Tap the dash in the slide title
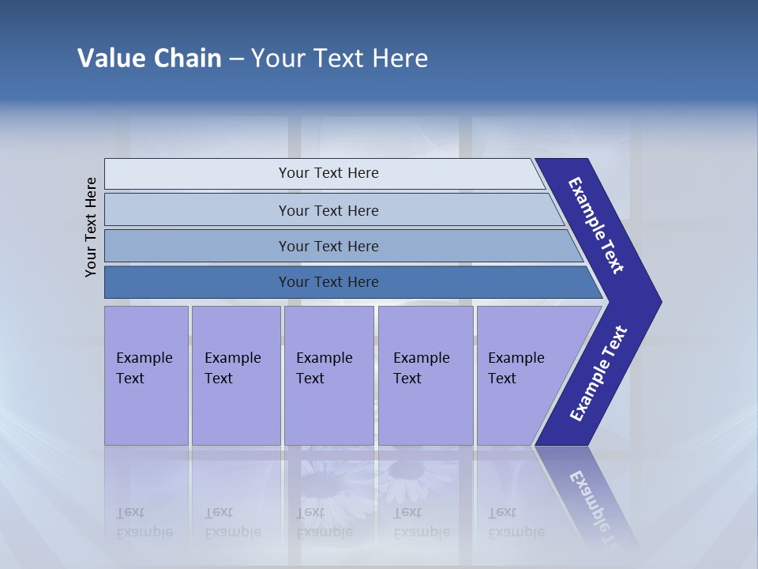(236, 59)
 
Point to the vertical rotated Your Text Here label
(91, 227)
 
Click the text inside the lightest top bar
(328, 173)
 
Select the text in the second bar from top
(328, 211)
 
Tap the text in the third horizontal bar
(328, 247)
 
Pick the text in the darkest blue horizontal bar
(328, 282)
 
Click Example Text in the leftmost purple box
(144, 368)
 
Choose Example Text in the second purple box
(232, 368)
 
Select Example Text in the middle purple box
(324, 368)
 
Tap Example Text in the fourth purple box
(421, 368)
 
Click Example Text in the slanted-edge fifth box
(516, 368)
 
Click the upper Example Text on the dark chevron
(596, 225)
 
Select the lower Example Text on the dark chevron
(599, 373)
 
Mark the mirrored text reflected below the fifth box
(516, 522)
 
